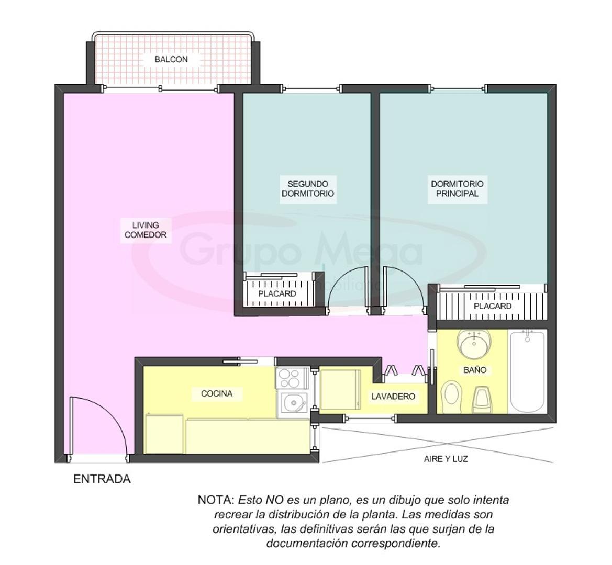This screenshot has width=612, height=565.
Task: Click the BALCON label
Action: (x=171, y=60)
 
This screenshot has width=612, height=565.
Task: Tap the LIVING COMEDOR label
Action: (x=145, y=230)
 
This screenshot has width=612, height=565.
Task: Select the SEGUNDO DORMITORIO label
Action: (x=307, y=189)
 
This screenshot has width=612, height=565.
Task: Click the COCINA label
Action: (x=216, y=393)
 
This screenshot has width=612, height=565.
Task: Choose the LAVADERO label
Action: (x=393, y=397)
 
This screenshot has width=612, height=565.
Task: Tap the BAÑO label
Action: (x=474, y=370)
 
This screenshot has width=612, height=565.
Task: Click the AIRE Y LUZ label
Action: (x=446, y=459)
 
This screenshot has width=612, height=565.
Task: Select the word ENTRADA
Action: (x=102, y=479)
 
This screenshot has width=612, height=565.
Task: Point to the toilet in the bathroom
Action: (x=451, y=396)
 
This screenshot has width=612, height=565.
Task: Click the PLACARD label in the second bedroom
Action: (x=277, y=294)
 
